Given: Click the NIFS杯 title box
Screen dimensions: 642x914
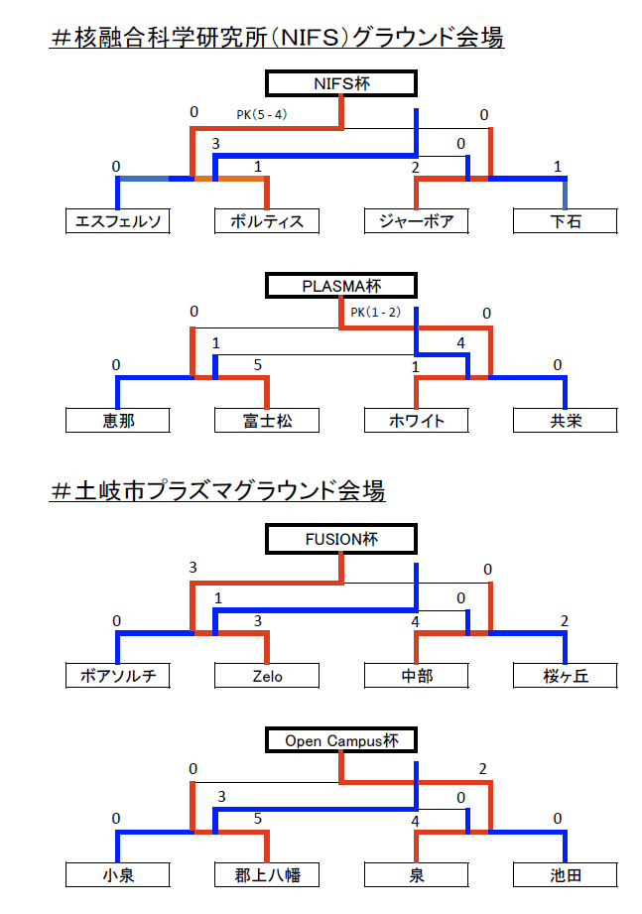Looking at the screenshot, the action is (x=341, y=83).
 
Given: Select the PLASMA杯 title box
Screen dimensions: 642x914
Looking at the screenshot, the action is (x=341, y=286).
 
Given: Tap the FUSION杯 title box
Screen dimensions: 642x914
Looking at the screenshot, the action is (x=341, y=539).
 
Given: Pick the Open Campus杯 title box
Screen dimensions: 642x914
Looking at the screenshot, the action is (x=341, y=740).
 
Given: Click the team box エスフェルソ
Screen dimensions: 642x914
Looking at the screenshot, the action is (x=118, y=221).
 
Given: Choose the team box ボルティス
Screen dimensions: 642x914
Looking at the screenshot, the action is (x=267, y=221).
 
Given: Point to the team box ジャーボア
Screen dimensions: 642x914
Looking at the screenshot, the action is (x=416, y=221).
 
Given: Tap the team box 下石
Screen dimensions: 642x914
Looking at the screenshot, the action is (x=566, y=221).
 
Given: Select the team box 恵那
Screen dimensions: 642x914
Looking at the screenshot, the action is (x=118, y=420).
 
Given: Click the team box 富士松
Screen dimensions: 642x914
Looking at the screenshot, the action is (x=267, y=420).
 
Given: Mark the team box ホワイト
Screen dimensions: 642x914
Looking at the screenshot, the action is (x=416, y=420).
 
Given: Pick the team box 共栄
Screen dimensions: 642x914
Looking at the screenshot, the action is (x=566, y=420).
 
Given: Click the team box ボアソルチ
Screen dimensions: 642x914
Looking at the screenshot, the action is (x=118, y=676).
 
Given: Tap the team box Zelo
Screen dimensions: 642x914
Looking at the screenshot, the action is (x=267, y=676).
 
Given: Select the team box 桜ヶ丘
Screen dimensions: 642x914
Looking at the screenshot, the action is (x=566, y=676).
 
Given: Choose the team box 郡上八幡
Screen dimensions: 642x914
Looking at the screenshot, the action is (x=267, y=875).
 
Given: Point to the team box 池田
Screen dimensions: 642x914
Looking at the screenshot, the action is (x=566, y=875).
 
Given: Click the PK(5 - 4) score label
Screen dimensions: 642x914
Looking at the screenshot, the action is (x=262, y=115).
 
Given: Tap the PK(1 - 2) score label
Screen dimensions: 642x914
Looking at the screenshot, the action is (x=376, y=313).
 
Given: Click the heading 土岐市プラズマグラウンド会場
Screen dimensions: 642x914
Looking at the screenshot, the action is (x=218, y=490).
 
